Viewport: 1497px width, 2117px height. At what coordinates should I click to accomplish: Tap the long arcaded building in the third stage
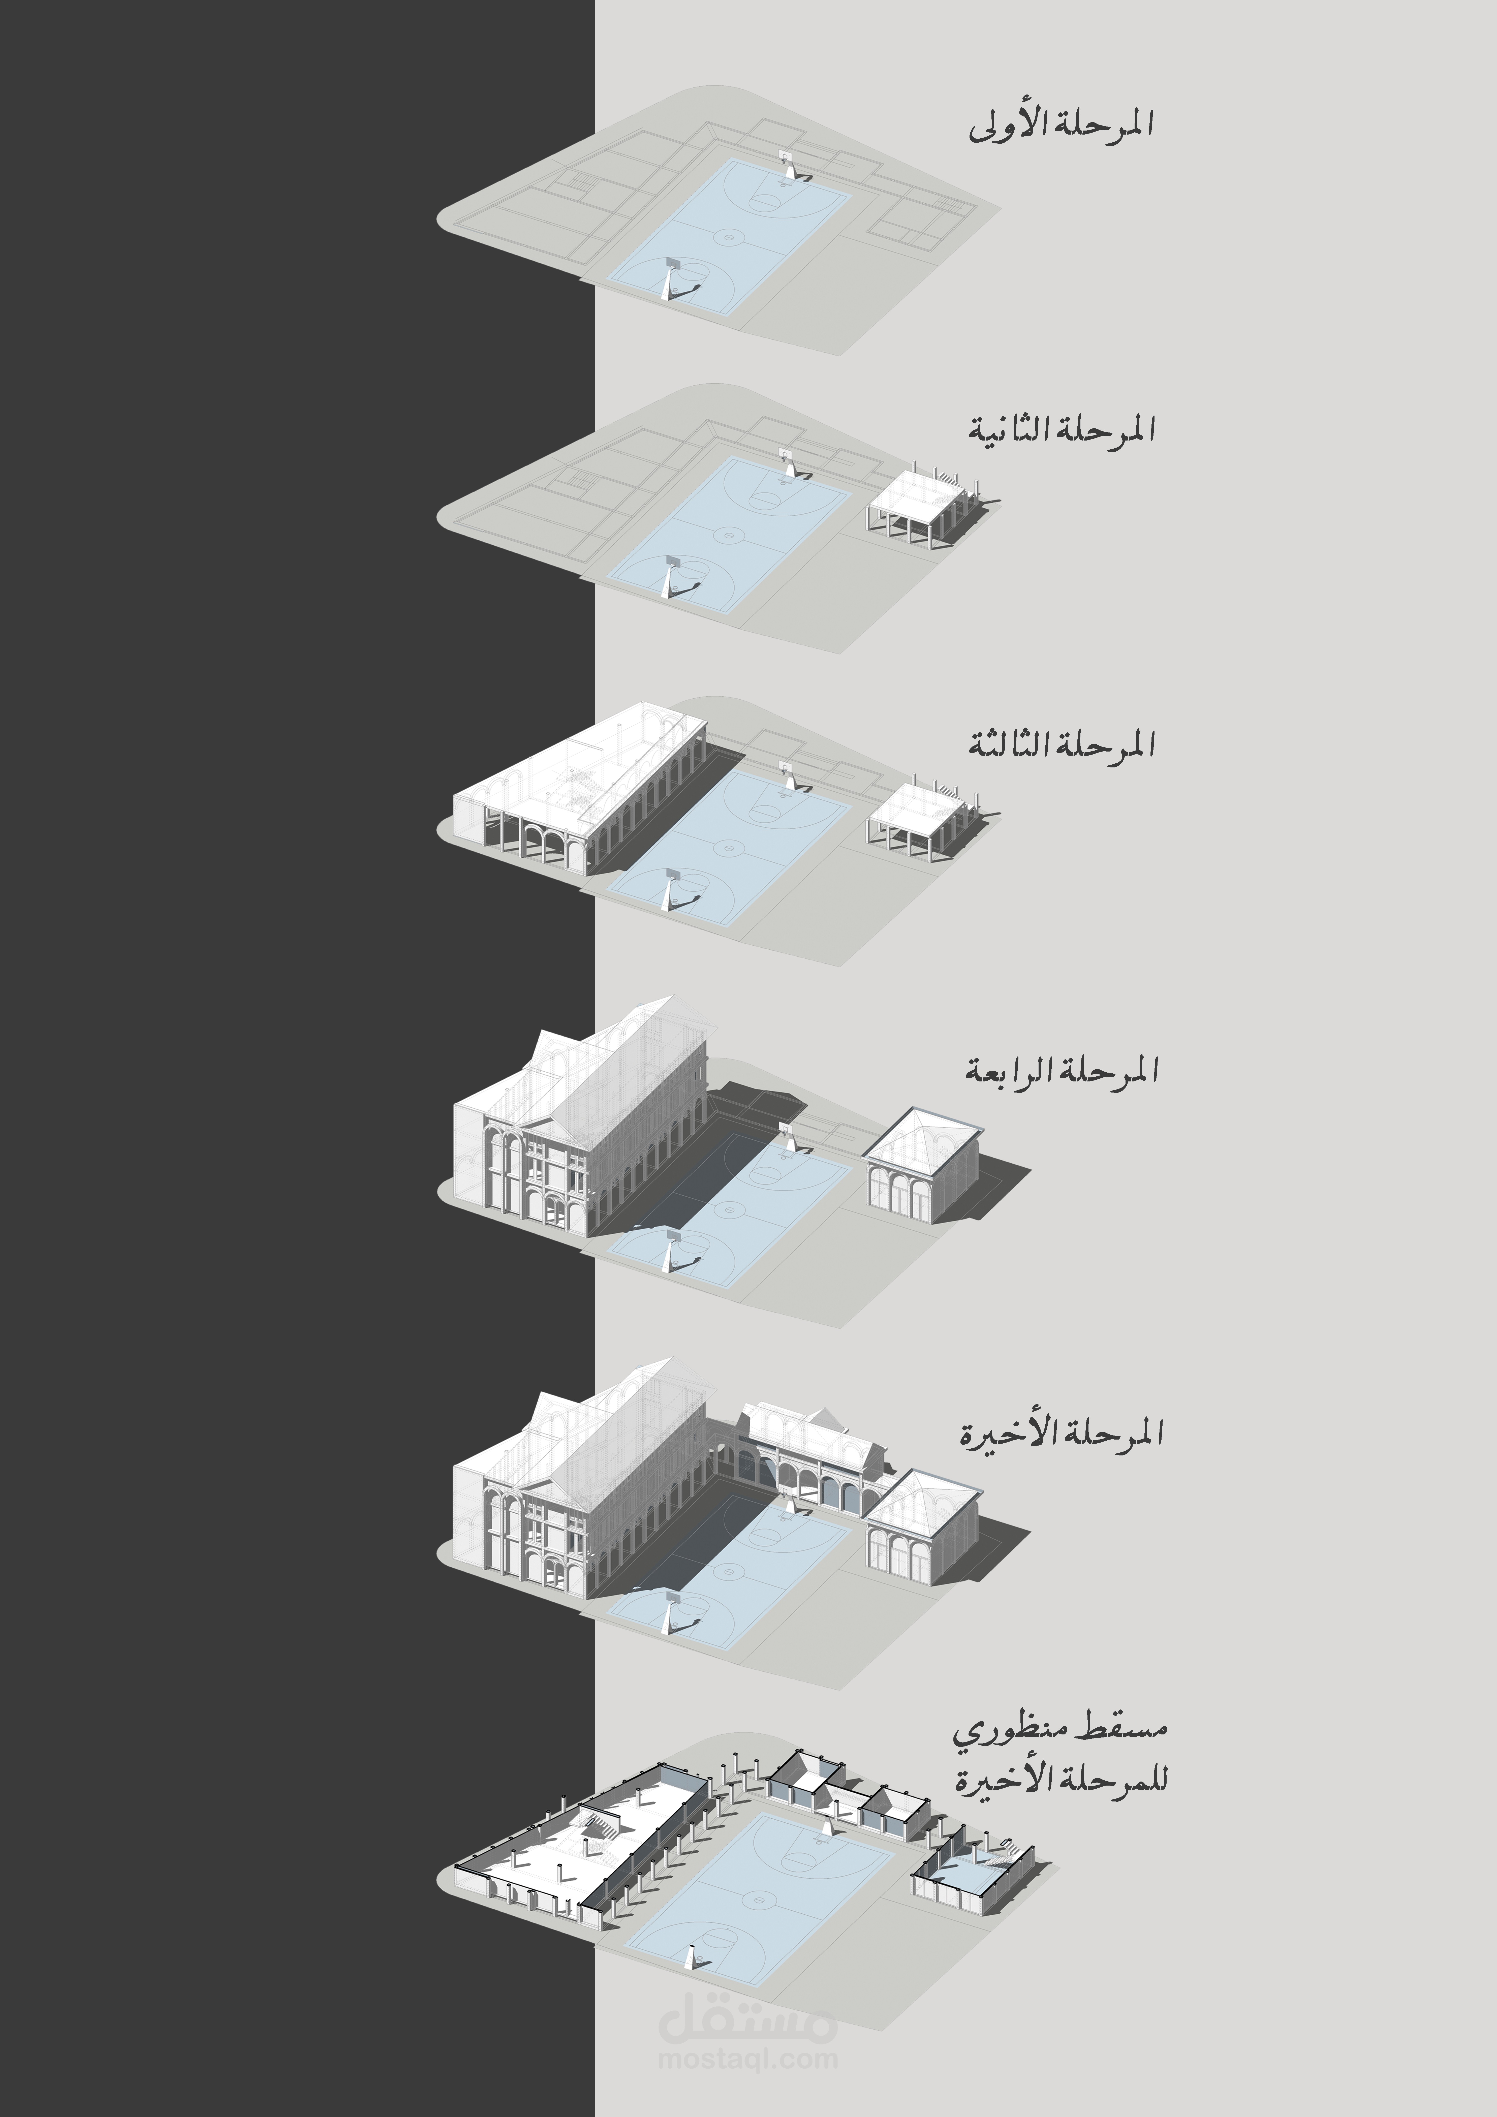[581, 793]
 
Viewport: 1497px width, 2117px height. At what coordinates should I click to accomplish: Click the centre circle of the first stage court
[731, 238]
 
